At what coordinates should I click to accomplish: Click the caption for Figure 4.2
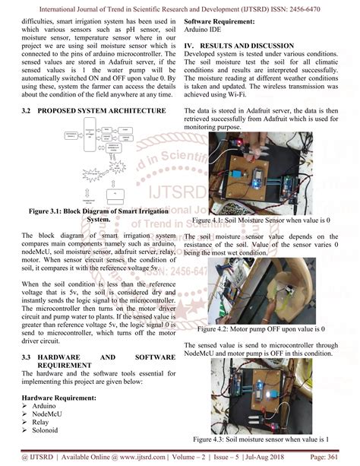(x=260, y=330)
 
